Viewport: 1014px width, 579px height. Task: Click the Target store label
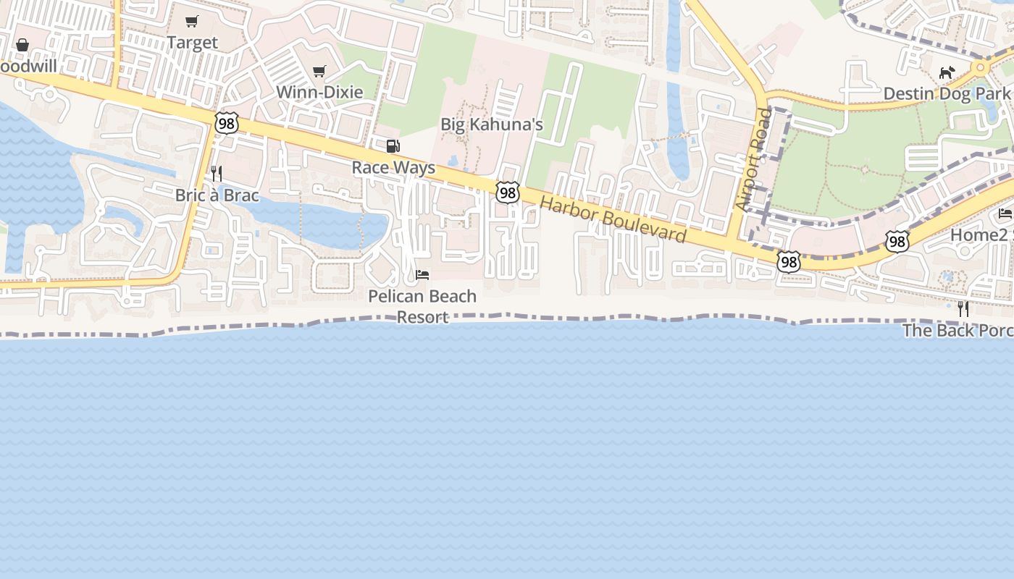[x=192, y=43]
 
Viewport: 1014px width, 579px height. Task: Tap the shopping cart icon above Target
[x=191, y=22]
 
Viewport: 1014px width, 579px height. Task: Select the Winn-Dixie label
[x=319, y=92]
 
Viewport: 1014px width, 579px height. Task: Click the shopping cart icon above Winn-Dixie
[x=319, y=71]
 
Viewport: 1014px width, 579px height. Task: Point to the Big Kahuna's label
[x=492, y=124]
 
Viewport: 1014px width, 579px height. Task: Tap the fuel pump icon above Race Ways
[x=393, y=147]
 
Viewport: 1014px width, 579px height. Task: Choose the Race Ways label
[x=393, y=168]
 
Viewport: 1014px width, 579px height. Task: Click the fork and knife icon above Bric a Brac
[x=217, y=174]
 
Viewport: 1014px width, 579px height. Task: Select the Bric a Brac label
[x=217, y=195]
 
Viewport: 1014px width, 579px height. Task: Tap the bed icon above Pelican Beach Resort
[x=422, y=275]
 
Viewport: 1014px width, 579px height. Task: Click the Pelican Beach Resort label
[x=422, y=306]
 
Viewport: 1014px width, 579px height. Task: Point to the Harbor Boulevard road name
[x=613, y=219]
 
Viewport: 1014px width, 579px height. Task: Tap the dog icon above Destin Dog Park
[x=947, y=72]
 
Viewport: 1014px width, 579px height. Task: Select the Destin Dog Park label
[x=947, y=93]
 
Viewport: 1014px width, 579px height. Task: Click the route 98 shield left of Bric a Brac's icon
[x=227, y=123]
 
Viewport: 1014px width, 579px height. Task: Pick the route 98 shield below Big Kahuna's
[x=508, y=193]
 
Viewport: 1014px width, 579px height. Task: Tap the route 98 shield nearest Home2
[x=897, y=242]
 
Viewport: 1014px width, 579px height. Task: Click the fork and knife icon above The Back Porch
[x=963, y=309]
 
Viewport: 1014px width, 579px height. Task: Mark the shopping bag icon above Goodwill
[x=22, y=45]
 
